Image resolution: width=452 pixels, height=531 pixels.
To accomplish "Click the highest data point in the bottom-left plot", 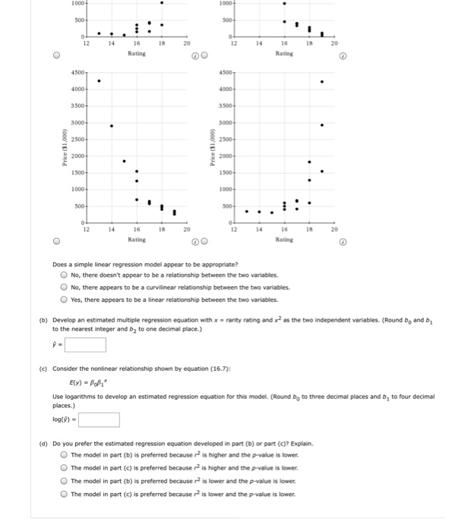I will click(x=99, y=81).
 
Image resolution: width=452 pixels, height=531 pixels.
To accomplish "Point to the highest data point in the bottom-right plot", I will click(x=322, y=81).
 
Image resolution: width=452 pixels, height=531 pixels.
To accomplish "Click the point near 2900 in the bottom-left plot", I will click(x=112, y=126).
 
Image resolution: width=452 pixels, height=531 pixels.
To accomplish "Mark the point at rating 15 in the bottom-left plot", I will click(x=124, y=161).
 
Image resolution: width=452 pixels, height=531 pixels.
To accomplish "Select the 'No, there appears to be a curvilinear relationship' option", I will click(x=65, y=287).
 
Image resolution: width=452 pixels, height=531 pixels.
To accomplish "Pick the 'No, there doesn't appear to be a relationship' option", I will click(x=65, y=275).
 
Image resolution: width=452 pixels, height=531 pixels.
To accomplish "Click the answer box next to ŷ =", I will click(x=84, y=344).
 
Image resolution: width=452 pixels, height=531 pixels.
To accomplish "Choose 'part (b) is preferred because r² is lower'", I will click(x=65, y=479).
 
